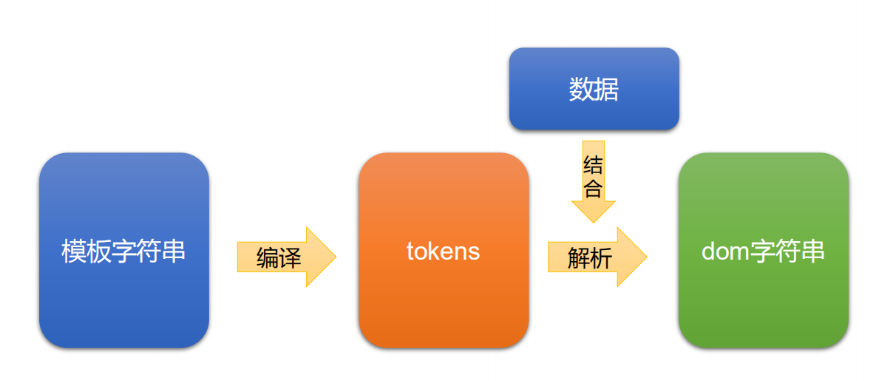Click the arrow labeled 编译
coord(285,257)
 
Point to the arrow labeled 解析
coord(596,257)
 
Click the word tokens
coord(443,252)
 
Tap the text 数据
coord(594,90)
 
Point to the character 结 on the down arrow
coord(593,164)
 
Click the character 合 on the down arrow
coord(593,188)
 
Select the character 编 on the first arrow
coord(268,258)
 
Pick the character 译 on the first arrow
coord(291,258)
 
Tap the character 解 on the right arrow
coord(578,258)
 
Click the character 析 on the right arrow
coord(601,258)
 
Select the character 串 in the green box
coord(813,252)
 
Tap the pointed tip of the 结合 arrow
coord(593,221)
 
